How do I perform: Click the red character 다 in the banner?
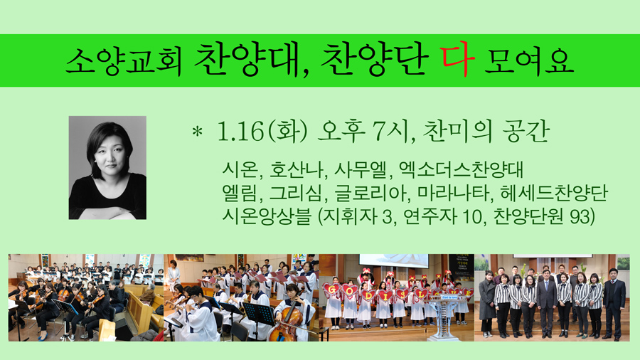[457, 60]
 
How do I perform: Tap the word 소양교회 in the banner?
[123, 62]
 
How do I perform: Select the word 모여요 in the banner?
[529, 62]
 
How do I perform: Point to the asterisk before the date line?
[198, 132]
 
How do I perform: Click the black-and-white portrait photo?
[107, 168]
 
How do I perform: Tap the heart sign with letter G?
[332, 290]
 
